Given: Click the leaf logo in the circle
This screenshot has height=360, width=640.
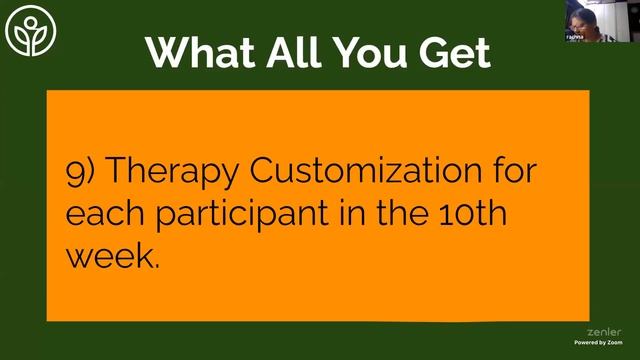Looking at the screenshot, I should click(29, 37).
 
